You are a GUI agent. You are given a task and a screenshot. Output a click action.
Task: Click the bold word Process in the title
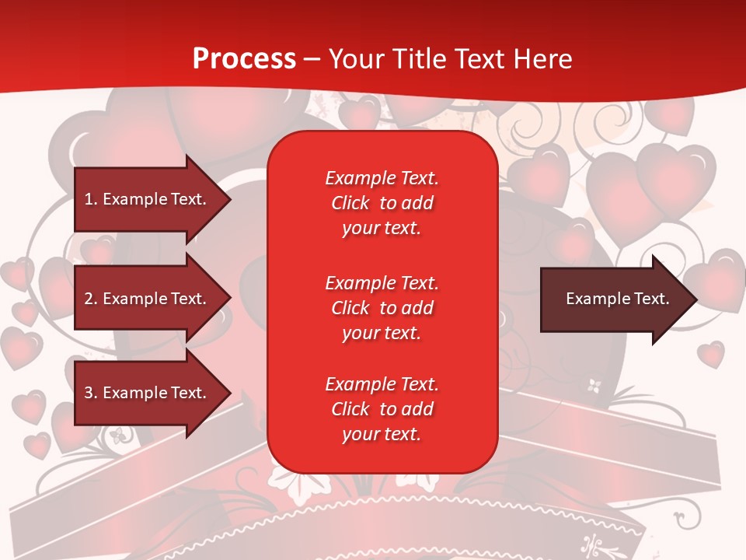pos(244,59)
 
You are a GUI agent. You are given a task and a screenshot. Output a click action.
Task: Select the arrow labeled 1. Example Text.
pos(146,199)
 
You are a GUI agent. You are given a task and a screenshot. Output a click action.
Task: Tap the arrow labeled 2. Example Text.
pos(146,299)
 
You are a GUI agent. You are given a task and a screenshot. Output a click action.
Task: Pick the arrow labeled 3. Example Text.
pos(146,393)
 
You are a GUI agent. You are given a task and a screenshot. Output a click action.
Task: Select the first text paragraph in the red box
pos(382,203)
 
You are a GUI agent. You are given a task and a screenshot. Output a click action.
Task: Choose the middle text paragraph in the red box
pos(382,308)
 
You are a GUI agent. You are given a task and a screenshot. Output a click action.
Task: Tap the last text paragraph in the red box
pos(382,409)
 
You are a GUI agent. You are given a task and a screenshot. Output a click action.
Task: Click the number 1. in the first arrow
pos(91,199)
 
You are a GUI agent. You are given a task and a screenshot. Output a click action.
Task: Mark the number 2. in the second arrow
pos(91,299)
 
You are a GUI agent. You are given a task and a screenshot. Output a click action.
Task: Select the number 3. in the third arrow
pos(91,393)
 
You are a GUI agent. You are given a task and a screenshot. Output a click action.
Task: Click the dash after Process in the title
pos(312,60)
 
